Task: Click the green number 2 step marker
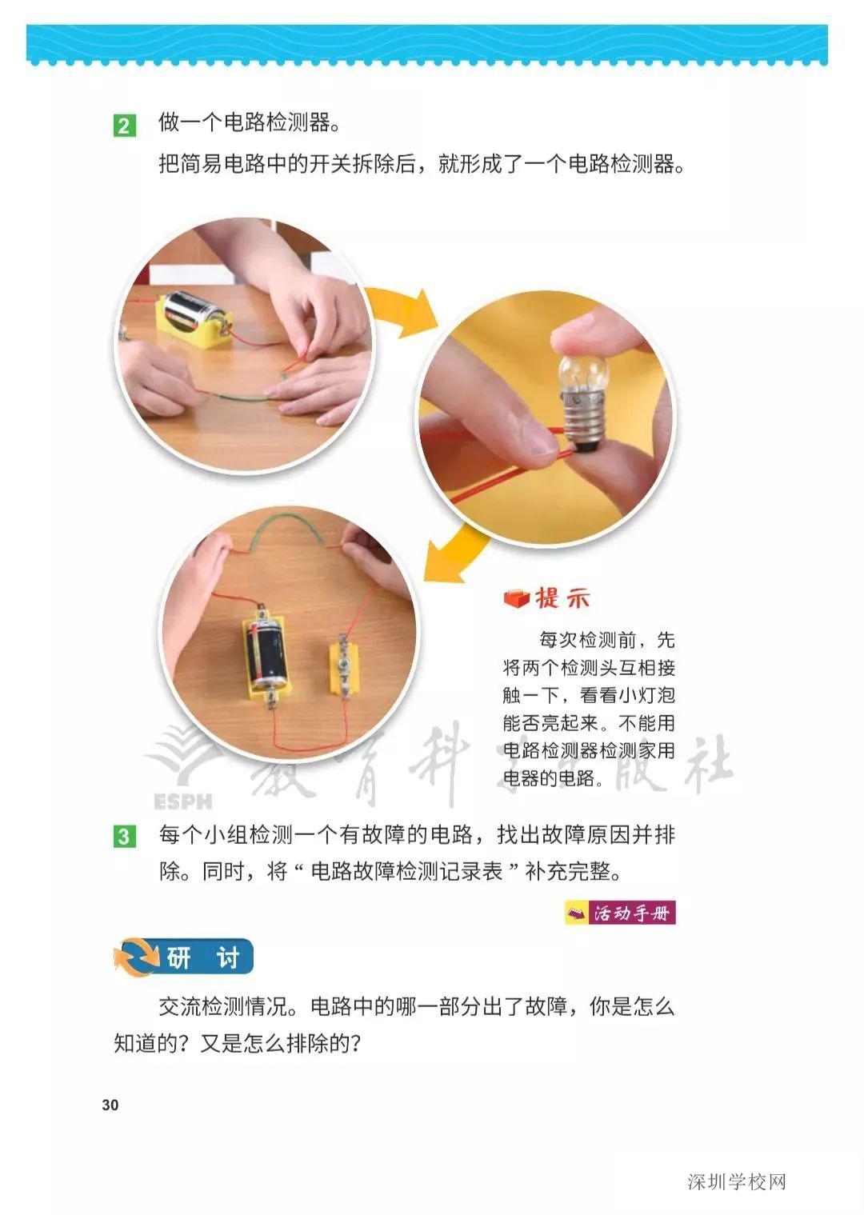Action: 124,126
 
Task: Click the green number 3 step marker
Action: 124,837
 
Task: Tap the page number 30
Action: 110,1105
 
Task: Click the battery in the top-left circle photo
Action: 193,313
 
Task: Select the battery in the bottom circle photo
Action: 266,650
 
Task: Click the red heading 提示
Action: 563,598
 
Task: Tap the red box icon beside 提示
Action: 517,598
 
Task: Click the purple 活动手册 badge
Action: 621,913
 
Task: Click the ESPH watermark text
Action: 182,801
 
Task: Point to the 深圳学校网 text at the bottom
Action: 737,1181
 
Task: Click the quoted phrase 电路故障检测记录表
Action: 406,871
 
